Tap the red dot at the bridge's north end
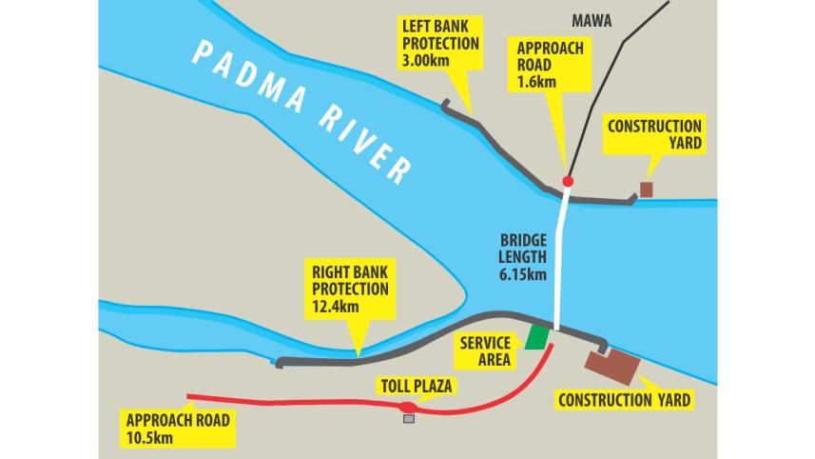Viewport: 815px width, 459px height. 568,181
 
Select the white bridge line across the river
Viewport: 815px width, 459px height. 562,257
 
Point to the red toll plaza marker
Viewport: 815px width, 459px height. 408,408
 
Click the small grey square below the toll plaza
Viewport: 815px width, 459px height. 409,419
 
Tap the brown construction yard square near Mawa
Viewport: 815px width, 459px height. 646,190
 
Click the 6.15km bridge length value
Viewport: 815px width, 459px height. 523,276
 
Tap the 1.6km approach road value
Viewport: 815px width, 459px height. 536,82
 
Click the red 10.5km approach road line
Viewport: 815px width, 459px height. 285,402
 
